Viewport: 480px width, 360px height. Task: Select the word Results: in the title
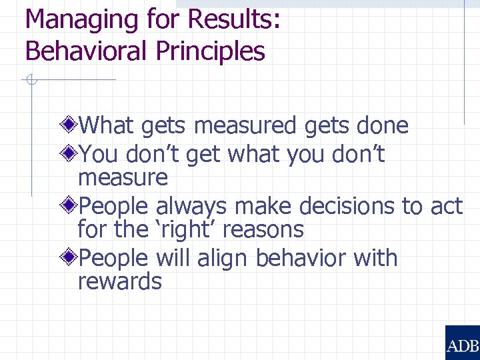click(234, 20)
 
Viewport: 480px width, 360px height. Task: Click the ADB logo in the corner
click(462, 343)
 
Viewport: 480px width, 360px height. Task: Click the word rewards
click(119, 281)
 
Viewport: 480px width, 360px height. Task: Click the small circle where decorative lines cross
click(31, 80)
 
